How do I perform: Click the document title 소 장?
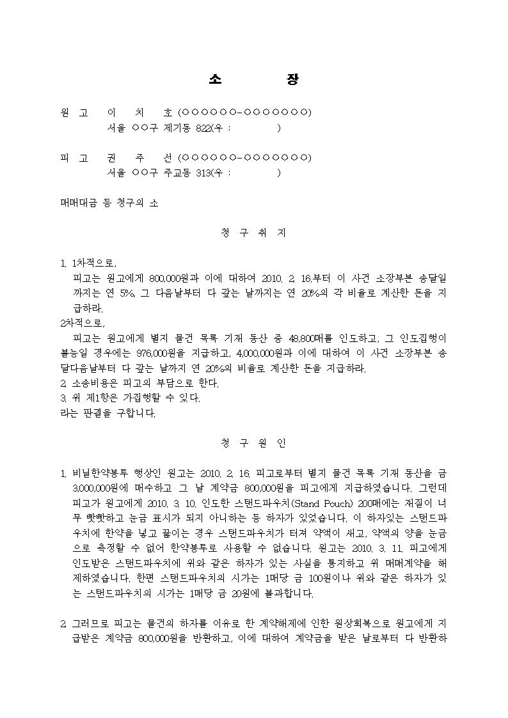point(253,79)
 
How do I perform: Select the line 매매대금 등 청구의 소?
point(109,203)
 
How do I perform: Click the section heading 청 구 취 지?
point(253,233)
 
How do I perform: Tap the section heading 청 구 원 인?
point(253,442)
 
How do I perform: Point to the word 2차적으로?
point(81,322)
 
